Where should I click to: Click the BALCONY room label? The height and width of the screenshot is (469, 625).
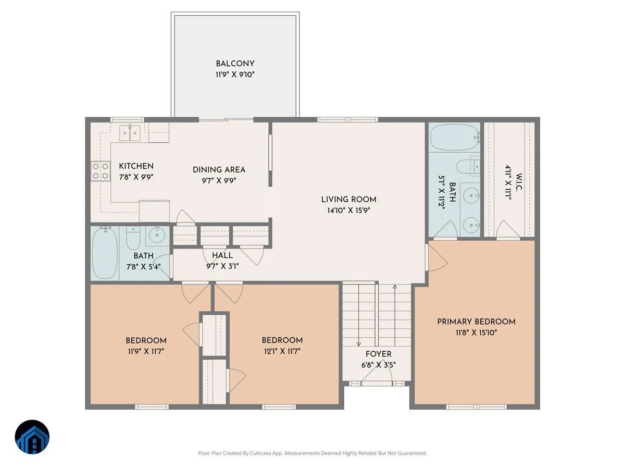235,64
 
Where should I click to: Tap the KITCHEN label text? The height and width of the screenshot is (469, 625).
136,166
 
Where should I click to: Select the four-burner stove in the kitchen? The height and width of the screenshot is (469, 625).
101,171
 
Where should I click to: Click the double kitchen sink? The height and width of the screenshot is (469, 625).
130,133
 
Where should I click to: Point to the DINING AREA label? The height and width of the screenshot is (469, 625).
219,170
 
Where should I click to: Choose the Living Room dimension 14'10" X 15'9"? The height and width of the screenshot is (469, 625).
348,211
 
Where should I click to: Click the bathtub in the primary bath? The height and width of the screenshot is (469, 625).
455,137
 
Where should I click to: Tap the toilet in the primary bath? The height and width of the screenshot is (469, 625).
468,166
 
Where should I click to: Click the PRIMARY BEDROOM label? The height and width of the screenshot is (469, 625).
477,322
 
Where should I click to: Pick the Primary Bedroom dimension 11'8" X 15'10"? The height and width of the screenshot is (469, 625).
477,332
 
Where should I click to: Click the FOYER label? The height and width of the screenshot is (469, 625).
379,354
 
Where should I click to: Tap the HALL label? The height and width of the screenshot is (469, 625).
222,255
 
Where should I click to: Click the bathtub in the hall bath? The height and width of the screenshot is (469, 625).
105,253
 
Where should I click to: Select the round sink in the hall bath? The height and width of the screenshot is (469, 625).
156,235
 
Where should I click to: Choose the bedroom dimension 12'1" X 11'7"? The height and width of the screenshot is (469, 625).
282,351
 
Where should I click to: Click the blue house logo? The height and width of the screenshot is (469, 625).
32,437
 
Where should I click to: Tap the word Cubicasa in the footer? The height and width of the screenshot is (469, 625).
259,453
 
